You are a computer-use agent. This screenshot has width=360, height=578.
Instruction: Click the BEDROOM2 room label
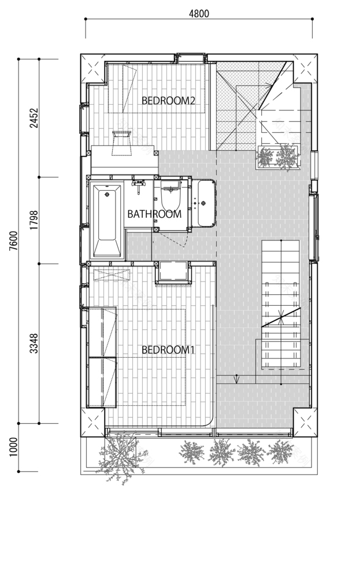click(x=168, y=101)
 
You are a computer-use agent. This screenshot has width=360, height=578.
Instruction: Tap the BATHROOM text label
click(x=154, y=214)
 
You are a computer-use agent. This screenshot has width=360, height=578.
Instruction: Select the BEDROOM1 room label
click(x=168, y=350)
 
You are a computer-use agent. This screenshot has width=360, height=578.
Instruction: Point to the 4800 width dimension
click(x=199, y=13)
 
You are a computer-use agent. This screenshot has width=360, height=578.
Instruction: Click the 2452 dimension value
click(x=34, y=118)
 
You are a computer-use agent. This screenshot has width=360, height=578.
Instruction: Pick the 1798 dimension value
click(x=34, y=220)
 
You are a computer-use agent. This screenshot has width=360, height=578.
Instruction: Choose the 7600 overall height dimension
click(x=13, y=241)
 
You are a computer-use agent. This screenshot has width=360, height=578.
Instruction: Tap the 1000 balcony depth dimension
click(x=13, y=447)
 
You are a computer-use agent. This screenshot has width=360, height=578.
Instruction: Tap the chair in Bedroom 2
click(x=122, y=142)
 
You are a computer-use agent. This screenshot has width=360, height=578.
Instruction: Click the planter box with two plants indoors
click(x=277, y=157)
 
